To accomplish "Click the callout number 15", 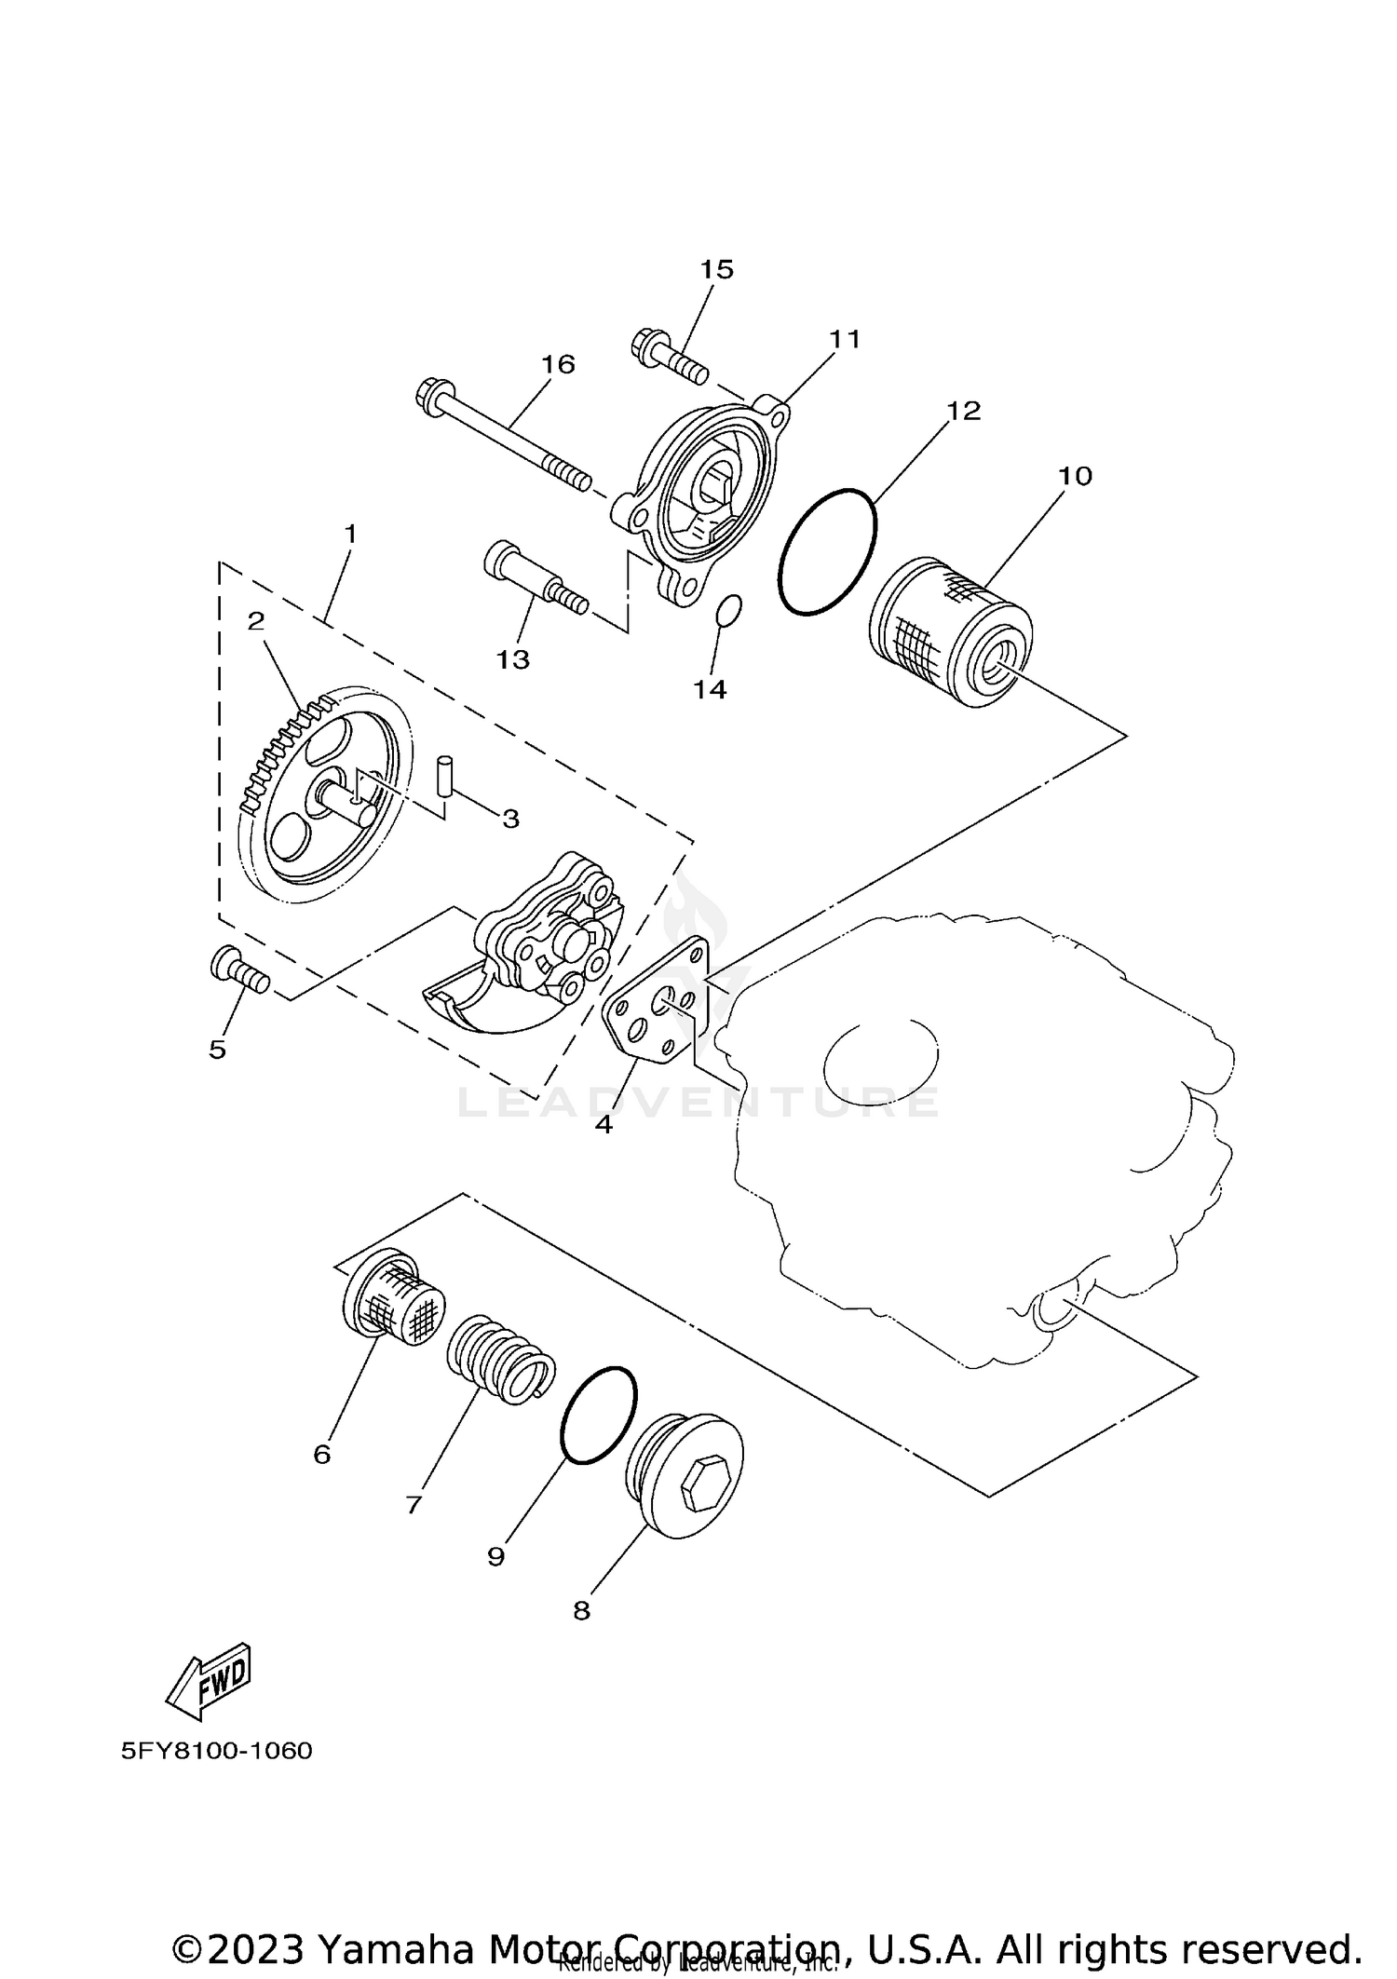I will click(x=717, y=269).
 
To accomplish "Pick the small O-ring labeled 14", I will click(x=729, y=610).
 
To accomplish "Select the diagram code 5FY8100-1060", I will click(x=216, y=1751).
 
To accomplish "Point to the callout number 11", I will click(x=845, y=339).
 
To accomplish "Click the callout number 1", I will click(x=350, y=535).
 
